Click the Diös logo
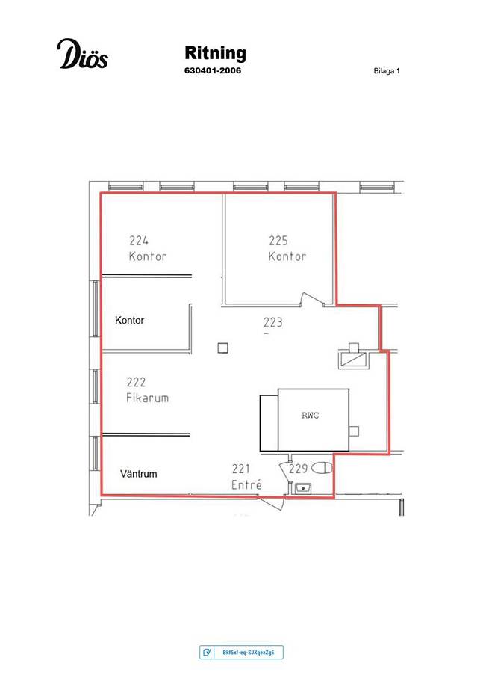(x=82, y=54)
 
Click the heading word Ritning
(x=216, y=53)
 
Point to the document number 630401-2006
(x=213, y=70)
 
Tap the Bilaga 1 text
(x=387, y=71)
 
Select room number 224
(x=139, y=241)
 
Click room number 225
(x=278, y=241)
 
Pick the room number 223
(x=272, y=322)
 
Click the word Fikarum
(x=147, y=398)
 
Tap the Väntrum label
(x=139, y=474)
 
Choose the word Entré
(x=246, y=484)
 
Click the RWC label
(x=310, y=416)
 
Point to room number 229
(x=299, y=469)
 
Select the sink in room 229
(x=302, y=488)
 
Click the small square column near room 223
(x=223, y=348)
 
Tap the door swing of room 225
(x=312, y=299)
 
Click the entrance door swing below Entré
(x=272, y=502)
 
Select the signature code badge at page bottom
(x=241, y=652)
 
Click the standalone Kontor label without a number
(x=129, y=321)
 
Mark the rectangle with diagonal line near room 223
(x=354, y=360)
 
